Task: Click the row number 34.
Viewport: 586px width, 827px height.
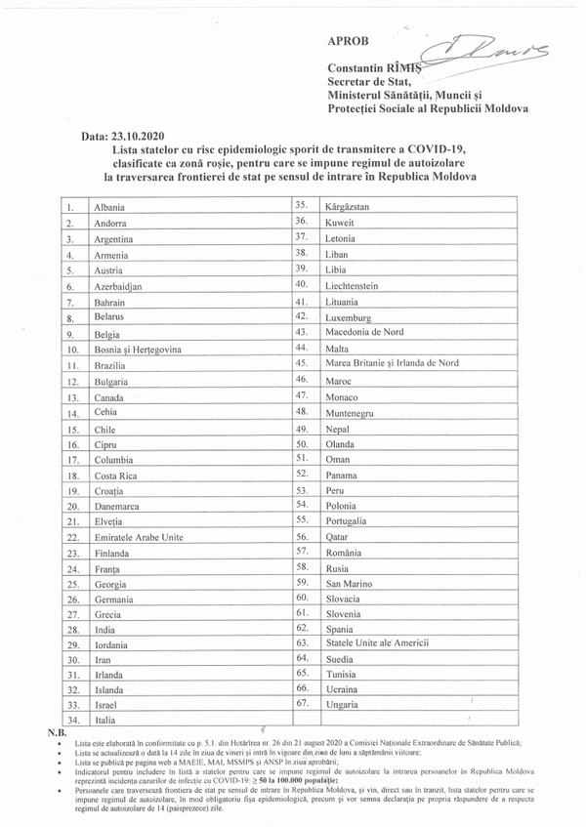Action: click(71, 721)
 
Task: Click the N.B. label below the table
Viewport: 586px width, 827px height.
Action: click(58, 731)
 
